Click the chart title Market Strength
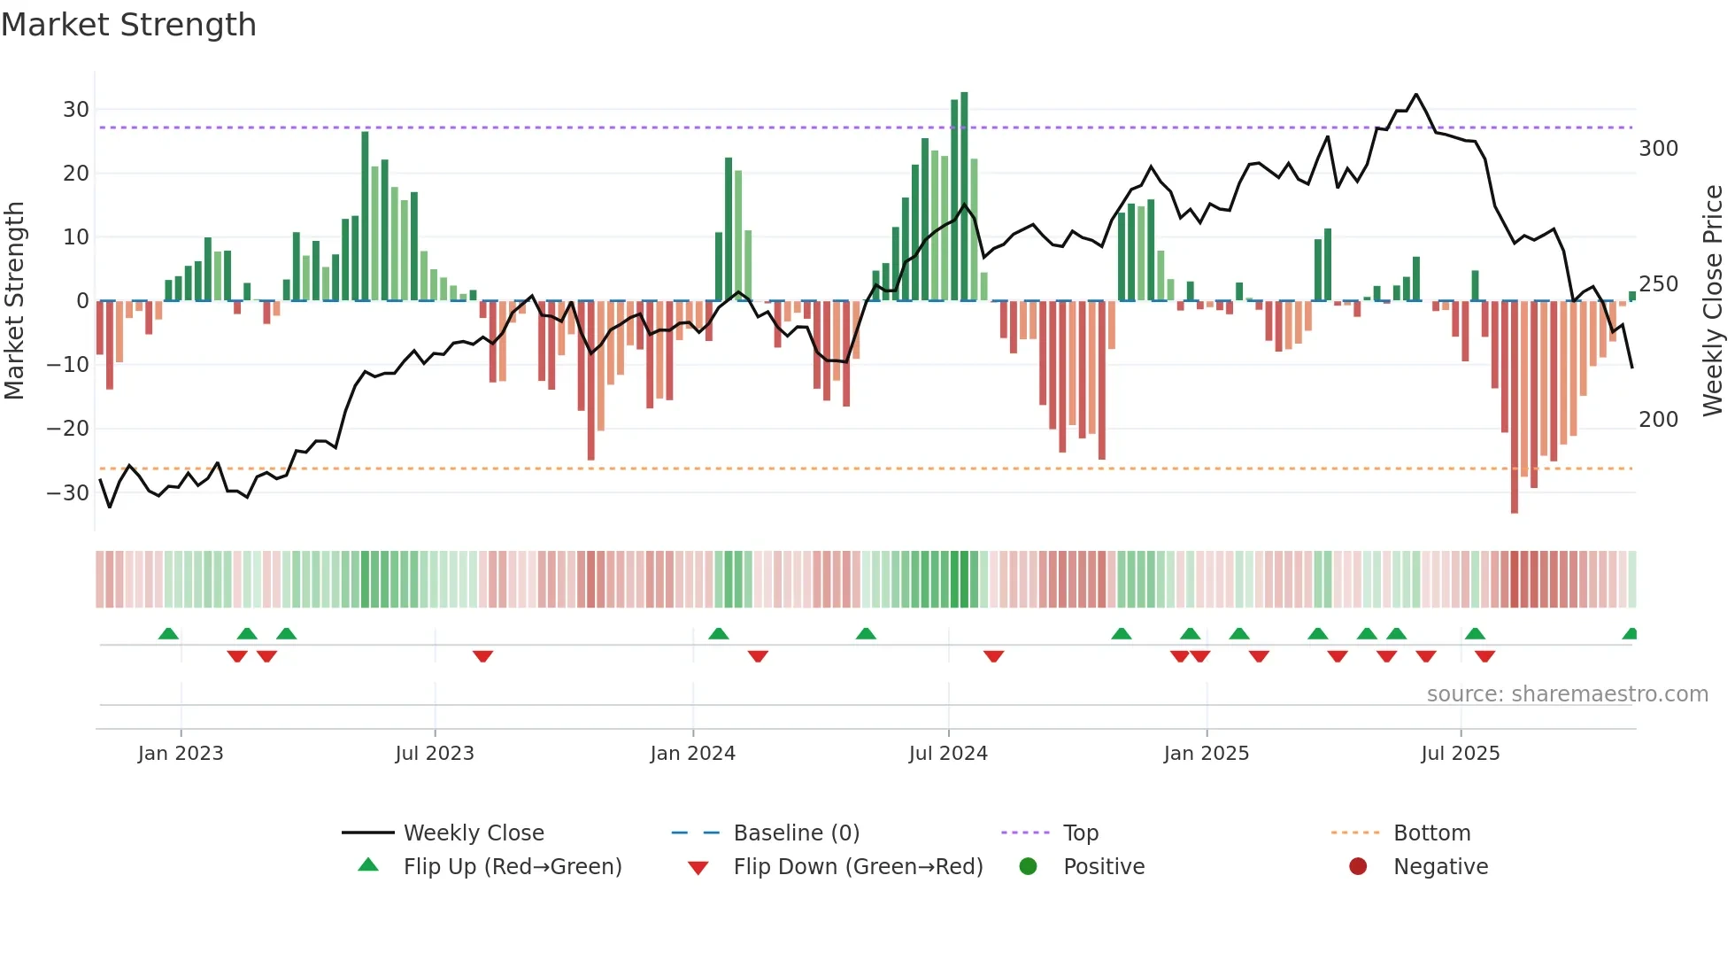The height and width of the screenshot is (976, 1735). [x=128, y=25]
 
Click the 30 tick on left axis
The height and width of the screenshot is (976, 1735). [x=76, y=110]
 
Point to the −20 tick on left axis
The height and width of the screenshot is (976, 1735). [x=68, y=429]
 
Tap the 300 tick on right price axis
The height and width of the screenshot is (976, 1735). [x=1658, y=149]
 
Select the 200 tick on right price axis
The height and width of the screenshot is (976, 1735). [x=1658, y=420]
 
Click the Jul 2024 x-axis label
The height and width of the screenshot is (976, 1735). [x=948, y=754]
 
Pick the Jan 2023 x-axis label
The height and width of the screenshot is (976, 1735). [x=181, y=754]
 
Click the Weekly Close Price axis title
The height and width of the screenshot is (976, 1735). [x=1714, y=301]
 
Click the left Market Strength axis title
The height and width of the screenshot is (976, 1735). [x=15, y=301]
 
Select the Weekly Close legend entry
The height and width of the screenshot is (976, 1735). [x=474, y=833]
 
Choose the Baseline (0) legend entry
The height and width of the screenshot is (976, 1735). [x=796, y=833]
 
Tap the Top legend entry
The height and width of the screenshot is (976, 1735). [x=1080, y=833]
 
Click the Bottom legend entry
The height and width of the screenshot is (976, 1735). [x=1431, y=833]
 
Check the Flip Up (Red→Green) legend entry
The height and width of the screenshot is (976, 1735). [x=513, y=867]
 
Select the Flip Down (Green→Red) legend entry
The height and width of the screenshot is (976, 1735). [x=858, y=867]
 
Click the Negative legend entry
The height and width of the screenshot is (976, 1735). [x=1440, y=867]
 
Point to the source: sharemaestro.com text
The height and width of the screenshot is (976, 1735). [x=1567, y=694]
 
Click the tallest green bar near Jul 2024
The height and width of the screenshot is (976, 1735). [x=964, y=195]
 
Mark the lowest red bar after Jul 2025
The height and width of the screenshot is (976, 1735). [x=1515, y=407]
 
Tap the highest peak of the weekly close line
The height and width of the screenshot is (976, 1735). [x=1416, y=95]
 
